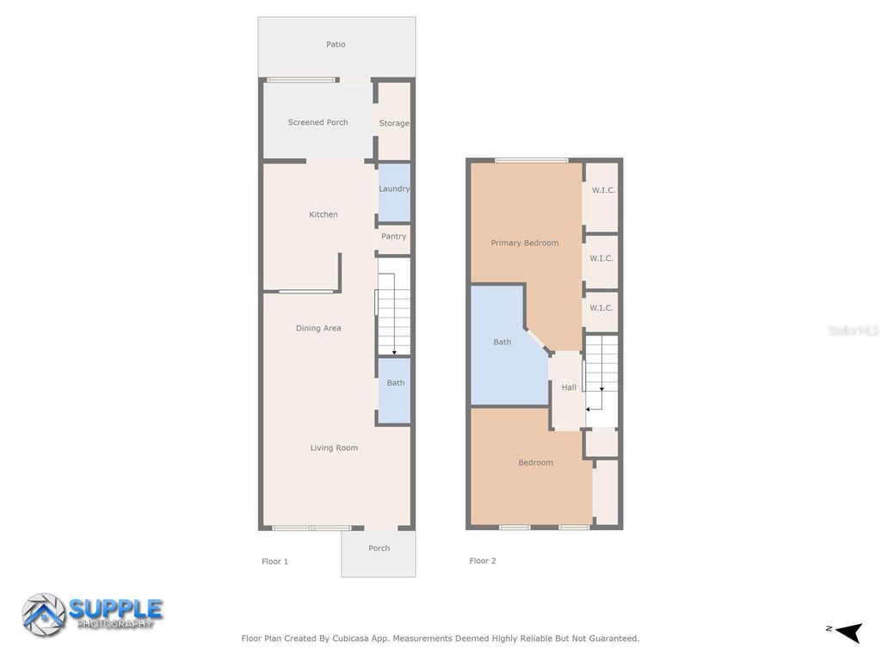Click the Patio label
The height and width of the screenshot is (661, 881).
pos(336,45)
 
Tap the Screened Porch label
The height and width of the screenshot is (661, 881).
pos(317,122)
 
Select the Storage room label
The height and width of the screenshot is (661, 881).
pos(394,123)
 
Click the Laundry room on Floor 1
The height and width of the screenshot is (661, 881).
pos(394,189)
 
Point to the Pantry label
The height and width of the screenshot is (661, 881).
pos(393,237)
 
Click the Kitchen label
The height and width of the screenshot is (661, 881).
pos(323,214)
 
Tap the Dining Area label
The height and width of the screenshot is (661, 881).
pos(318,328)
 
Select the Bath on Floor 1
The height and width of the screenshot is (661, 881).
pos(395,383)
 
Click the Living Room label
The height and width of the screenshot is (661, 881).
pos(334,448)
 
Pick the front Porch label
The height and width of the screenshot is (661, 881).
pos(379,548)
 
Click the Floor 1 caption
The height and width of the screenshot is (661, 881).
pos(274,561)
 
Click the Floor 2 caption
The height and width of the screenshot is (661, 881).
pos(483,561)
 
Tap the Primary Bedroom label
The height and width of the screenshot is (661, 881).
pos(524,243)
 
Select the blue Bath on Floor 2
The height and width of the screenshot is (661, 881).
pos(502,343)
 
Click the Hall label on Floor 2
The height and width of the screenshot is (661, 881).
pos(569,387)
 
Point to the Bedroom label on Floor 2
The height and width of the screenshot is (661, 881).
pos(535,462)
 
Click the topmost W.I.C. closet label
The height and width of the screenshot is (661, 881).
pos(603,190)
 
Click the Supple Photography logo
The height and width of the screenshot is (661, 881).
pos(93,613)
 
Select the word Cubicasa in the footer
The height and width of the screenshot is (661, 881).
pos(369,639)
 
